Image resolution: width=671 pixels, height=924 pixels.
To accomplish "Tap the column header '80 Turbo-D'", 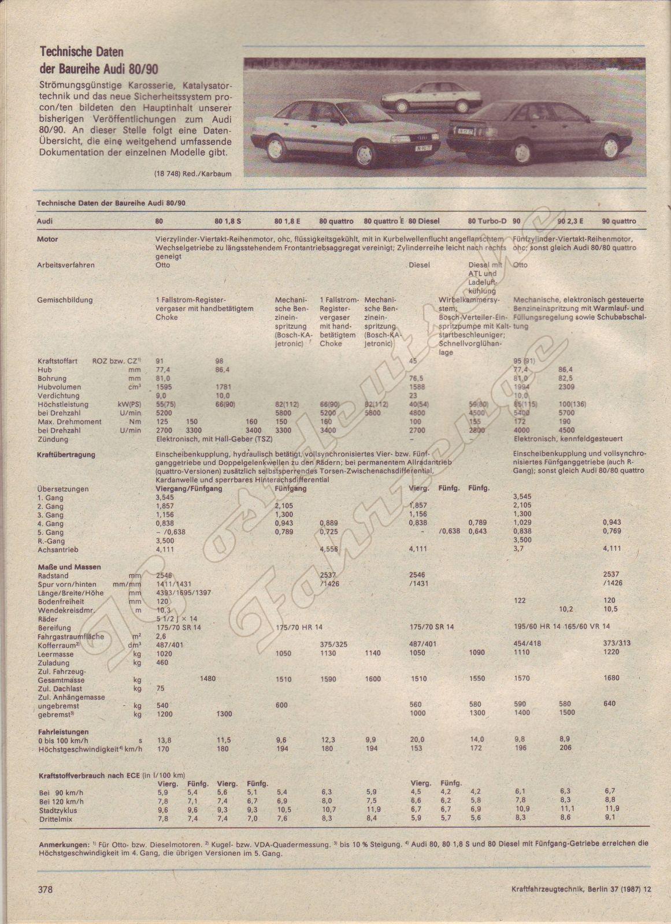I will click(487, 221).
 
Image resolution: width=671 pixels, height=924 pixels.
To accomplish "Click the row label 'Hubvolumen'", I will click(60, 387).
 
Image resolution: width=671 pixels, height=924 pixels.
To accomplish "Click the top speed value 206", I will click(565, 748).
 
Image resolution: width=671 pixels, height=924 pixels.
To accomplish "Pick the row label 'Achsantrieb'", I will click(57, 550).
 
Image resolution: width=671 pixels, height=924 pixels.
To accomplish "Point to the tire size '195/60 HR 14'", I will click(535, 626).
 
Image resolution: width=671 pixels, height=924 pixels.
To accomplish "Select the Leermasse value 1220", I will click(610, 652).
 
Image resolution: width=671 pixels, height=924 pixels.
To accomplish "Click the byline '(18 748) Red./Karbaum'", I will click(188, 173).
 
